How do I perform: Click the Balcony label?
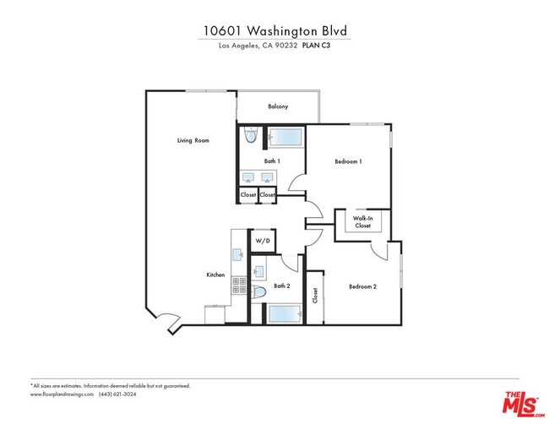click(278, 106)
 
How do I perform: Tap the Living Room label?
click(193, 140)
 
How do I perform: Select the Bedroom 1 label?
click(348, 161)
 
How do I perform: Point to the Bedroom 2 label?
click(363, 286)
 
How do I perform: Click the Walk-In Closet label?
click(362, 222)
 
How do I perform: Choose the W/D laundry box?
click(262, 242)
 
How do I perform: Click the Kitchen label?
click(215, 275)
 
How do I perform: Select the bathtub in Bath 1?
click(285, 137)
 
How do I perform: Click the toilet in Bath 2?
click(260, 291)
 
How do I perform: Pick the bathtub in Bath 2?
click(286, 314)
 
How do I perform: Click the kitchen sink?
click(238, 253)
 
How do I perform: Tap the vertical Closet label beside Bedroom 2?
click(315, 296)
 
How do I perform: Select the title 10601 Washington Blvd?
click(274, 30)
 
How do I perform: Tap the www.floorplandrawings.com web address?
click(61, 394)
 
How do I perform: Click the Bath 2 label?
click(282, 286)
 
